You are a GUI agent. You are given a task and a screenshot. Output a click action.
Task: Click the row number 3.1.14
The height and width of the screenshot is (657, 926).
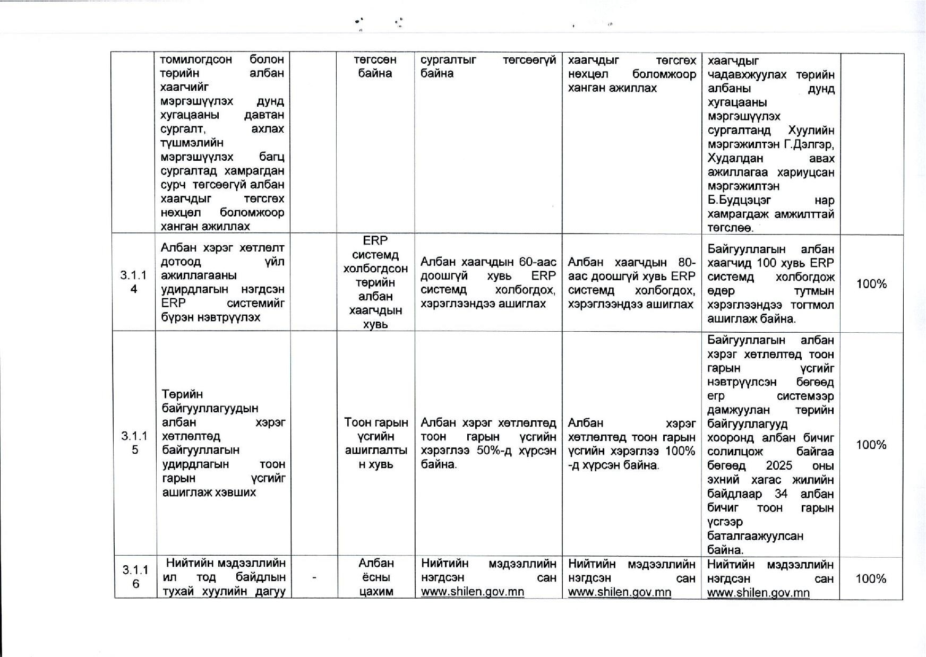click(133, 282)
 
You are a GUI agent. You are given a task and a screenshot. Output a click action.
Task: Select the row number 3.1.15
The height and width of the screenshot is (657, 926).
click(134, 443)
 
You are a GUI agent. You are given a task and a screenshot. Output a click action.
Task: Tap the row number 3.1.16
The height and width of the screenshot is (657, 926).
click(135, 577)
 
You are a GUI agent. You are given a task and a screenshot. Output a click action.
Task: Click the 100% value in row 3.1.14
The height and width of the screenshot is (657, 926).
click(871, 284)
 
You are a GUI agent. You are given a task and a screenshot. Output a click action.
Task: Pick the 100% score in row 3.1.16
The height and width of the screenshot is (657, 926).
click(871, 578)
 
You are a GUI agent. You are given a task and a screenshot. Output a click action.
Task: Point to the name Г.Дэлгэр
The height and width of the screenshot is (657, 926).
click(809, 144)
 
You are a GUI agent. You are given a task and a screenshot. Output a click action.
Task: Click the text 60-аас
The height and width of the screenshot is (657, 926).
click(538, 262)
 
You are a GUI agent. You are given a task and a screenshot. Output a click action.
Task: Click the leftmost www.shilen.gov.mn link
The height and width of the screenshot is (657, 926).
click(472, 592)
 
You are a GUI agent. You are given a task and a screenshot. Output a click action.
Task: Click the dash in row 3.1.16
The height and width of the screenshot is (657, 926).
click(314, 578)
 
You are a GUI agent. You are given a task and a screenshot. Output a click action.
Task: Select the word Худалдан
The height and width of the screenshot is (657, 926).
click(735, 159)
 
